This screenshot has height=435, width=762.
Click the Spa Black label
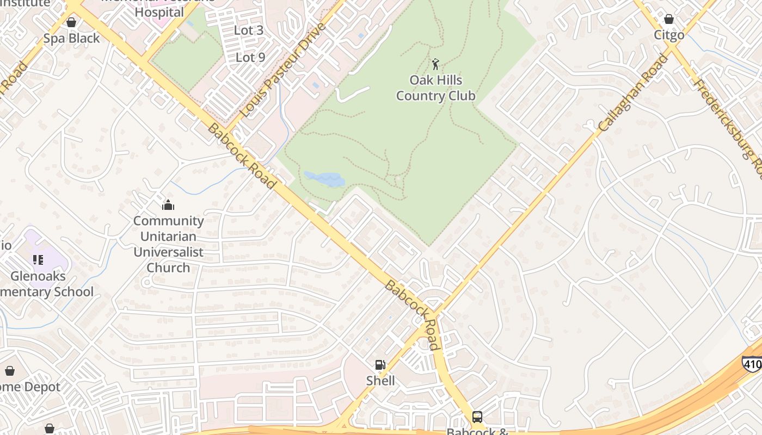pyautogui.click(x=72, y=39)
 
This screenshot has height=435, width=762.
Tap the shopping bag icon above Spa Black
pyautogui.click(x=71, y=22)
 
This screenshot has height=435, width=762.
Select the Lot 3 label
pyautogui.click(x=249, y=30)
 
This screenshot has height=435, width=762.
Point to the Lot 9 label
pyautogui.click(x=250, y=57)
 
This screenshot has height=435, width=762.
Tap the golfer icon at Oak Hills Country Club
pyautogui.click(x=435, y=65)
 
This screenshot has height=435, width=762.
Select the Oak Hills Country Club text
pyautogui.click(x=435, y=88)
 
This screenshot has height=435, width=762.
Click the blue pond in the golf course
pyautogui.click(x=324, y=179)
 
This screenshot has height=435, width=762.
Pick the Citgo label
pyautogui.click(x=669, y=35)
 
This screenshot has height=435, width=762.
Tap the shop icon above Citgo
pyautogui.click(x=669, y=19)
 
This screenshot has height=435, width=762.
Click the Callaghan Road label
pyautogui.click(x=632, y=93)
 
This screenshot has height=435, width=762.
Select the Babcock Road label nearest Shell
pyautogui.click(x=412, y=315)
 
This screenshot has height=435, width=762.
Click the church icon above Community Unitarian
pyautogui.click(x=168, y=205)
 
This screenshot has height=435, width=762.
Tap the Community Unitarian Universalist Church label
pyautogui.click(x=168, y=244)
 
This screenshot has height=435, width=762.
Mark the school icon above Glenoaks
pyautogui.click(x=38, y=260)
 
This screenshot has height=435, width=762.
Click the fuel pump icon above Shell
pyautogui.click(x=380, y=365)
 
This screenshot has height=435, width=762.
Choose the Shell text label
pyautogui.click(x=380, y=381)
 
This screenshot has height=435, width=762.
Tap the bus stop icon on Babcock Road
pyautogui.click(x=477, y=417)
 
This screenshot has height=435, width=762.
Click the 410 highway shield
pyautogui.click(x=752, y=364)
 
